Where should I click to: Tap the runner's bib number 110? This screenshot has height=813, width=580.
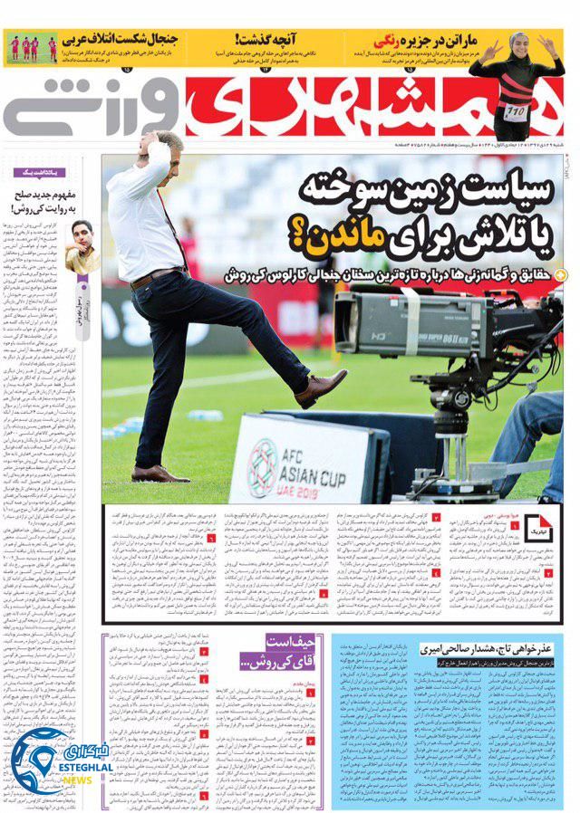click(x=516, y=112)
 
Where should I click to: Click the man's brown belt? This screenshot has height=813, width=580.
click(x=155, y=275)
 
